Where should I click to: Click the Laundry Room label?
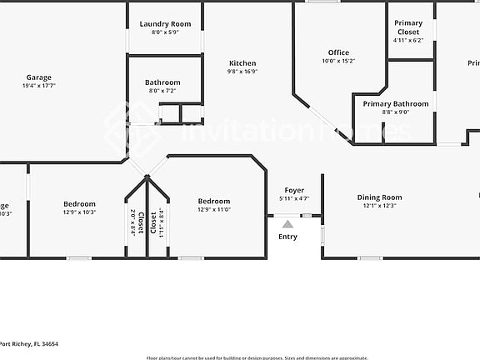point(165,24)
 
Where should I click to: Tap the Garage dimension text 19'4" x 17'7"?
point(39,85)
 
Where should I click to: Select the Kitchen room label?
point(242,63)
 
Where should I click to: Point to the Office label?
point(338,52)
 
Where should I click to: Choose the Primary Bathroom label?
point(396,104)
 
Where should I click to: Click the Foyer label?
point(294,191)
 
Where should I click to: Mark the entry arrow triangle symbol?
point(287,223)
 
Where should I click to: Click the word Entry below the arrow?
point(287,237)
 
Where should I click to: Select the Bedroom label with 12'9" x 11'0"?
point(213,201)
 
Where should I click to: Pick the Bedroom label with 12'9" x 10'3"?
point(79,203)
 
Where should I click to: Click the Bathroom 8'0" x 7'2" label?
point(162,82)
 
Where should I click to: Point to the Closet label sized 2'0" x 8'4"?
point(141,222)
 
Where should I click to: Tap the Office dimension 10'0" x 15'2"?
point(338,61)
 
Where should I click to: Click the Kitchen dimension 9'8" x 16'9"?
point(242,72)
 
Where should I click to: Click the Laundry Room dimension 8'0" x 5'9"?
point(165,32)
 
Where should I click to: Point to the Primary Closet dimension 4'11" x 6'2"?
point(408,40)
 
